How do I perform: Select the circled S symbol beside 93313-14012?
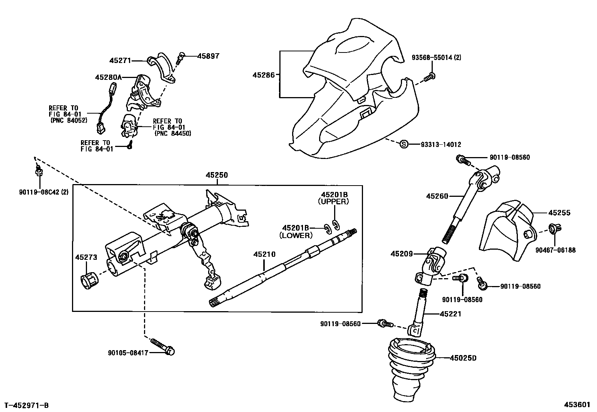tap(403, 144)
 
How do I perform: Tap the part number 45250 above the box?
tap(216, 175)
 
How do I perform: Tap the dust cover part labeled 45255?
tap(506, 232)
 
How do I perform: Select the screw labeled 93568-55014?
tap(430, 78)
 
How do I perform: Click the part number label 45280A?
tap(108, 77)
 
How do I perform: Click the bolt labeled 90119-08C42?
tap(38, 171)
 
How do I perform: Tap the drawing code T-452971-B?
tap(26, 405)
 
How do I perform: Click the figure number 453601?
tap(578, 405)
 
